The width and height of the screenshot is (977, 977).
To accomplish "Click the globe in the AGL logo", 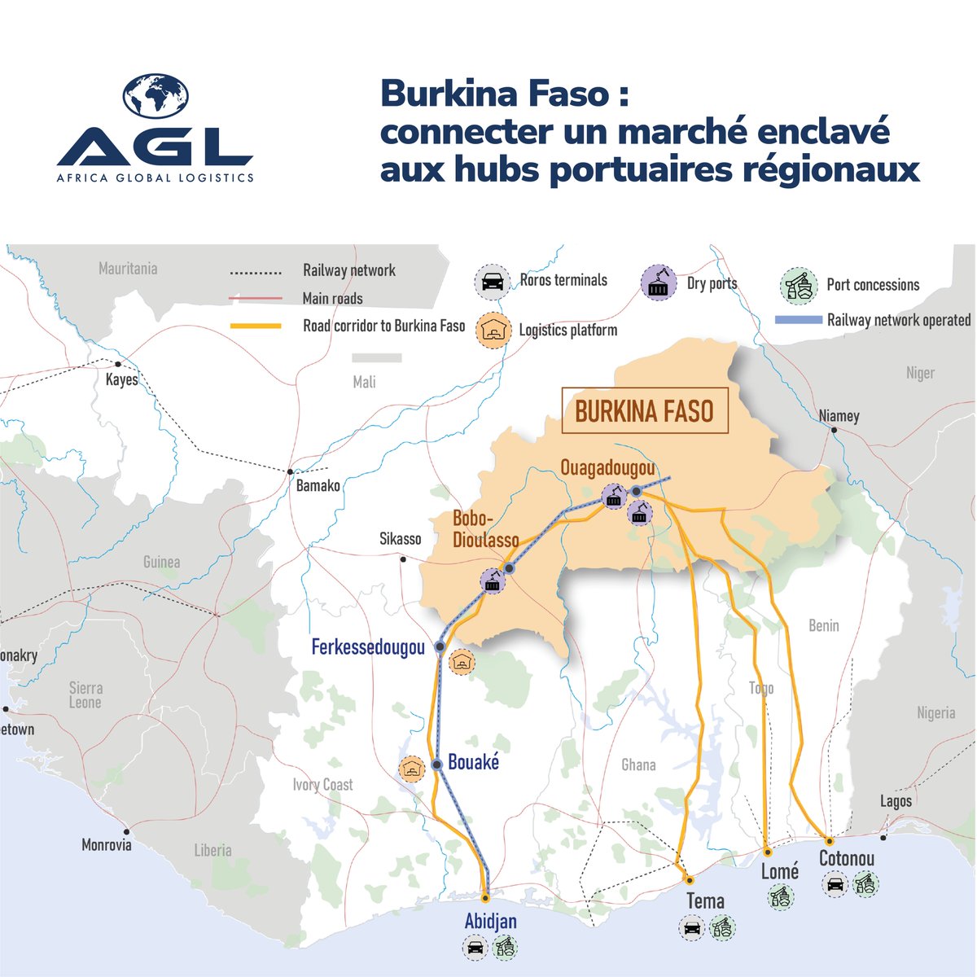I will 156,95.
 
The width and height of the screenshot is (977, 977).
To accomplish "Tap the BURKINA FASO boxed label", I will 644,411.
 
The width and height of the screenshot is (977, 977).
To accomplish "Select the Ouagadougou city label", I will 607,468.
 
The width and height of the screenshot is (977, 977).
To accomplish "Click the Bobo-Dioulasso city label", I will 485,530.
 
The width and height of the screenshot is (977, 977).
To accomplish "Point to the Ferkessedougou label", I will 368,647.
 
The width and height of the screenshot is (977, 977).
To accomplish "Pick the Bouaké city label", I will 473,763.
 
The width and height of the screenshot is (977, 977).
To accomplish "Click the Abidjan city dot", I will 486,898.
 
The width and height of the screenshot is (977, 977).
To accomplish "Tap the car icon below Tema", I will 692,927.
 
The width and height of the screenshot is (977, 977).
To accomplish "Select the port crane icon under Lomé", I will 781,897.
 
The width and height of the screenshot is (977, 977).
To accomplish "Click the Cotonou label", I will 847,858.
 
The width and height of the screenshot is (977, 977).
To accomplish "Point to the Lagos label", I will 896,801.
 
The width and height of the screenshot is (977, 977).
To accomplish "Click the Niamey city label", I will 839,416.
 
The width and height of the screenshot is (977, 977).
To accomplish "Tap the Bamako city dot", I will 290,471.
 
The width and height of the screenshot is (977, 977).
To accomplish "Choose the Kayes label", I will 122,379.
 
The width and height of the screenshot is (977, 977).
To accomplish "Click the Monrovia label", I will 106,845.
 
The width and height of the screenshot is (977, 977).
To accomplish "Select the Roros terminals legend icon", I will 492,282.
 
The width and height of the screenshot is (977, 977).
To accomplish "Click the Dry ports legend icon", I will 659,283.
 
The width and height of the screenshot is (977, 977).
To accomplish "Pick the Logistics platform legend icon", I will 492,331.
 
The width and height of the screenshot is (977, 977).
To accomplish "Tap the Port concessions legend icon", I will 799,285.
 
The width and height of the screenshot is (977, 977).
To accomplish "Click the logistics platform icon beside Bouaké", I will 413,769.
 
